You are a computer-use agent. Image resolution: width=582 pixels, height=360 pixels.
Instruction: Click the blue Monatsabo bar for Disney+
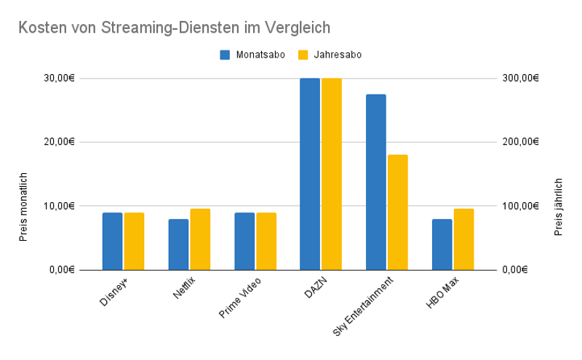(112, 241)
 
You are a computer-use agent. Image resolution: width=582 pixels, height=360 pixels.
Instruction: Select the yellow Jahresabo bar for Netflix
(200, 239)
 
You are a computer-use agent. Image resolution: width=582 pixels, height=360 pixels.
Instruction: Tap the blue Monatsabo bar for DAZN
(310, 174)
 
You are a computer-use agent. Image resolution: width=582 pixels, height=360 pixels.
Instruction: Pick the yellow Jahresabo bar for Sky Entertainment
(398, 212)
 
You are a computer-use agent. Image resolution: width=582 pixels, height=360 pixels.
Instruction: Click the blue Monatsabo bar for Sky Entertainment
(376, 182)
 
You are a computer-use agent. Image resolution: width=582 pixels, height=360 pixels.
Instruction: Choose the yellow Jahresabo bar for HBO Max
(463, 239)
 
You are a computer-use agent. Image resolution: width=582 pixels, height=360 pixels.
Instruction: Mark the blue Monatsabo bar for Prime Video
(244, 241)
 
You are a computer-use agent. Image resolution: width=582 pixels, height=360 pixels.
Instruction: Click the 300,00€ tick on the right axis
(520, 78)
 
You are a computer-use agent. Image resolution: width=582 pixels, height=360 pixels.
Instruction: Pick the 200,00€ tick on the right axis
(520, 142)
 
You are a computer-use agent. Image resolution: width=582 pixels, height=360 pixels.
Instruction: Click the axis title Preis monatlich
(23, 207)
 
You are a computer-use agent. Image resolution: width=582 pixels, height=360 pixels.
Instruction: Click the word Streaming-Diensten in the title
(149, 27)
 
